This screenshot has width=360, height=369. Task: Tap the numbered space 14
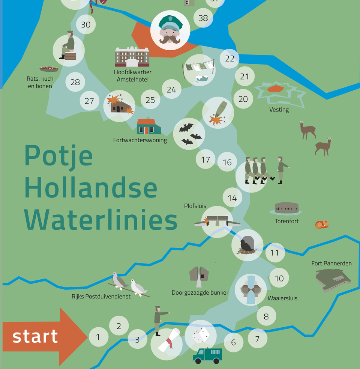pos(232,198)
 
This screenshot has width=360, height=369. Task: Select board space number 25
pos(150,100)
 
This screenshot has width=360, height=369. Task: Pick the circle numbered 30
pos(86,25)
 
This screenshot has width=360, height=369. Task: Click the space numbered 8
pos(266,316)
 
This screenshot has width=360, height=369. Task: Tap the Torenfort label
pos(286,221)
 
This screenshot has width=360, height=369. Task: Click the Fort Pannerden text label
pos(331,263)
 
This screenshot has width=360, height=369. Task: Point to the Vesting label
pos(279,110)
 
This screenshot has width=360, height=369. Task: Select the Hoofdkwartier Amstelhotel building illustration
pos(132,57)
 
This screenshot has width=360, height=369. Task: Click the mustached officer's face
pos(170,30)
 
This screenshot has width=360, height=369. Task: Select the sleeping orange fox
pos(322,224)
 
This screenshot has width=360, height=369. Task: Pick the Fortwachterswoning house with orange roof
pos(148,127)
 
